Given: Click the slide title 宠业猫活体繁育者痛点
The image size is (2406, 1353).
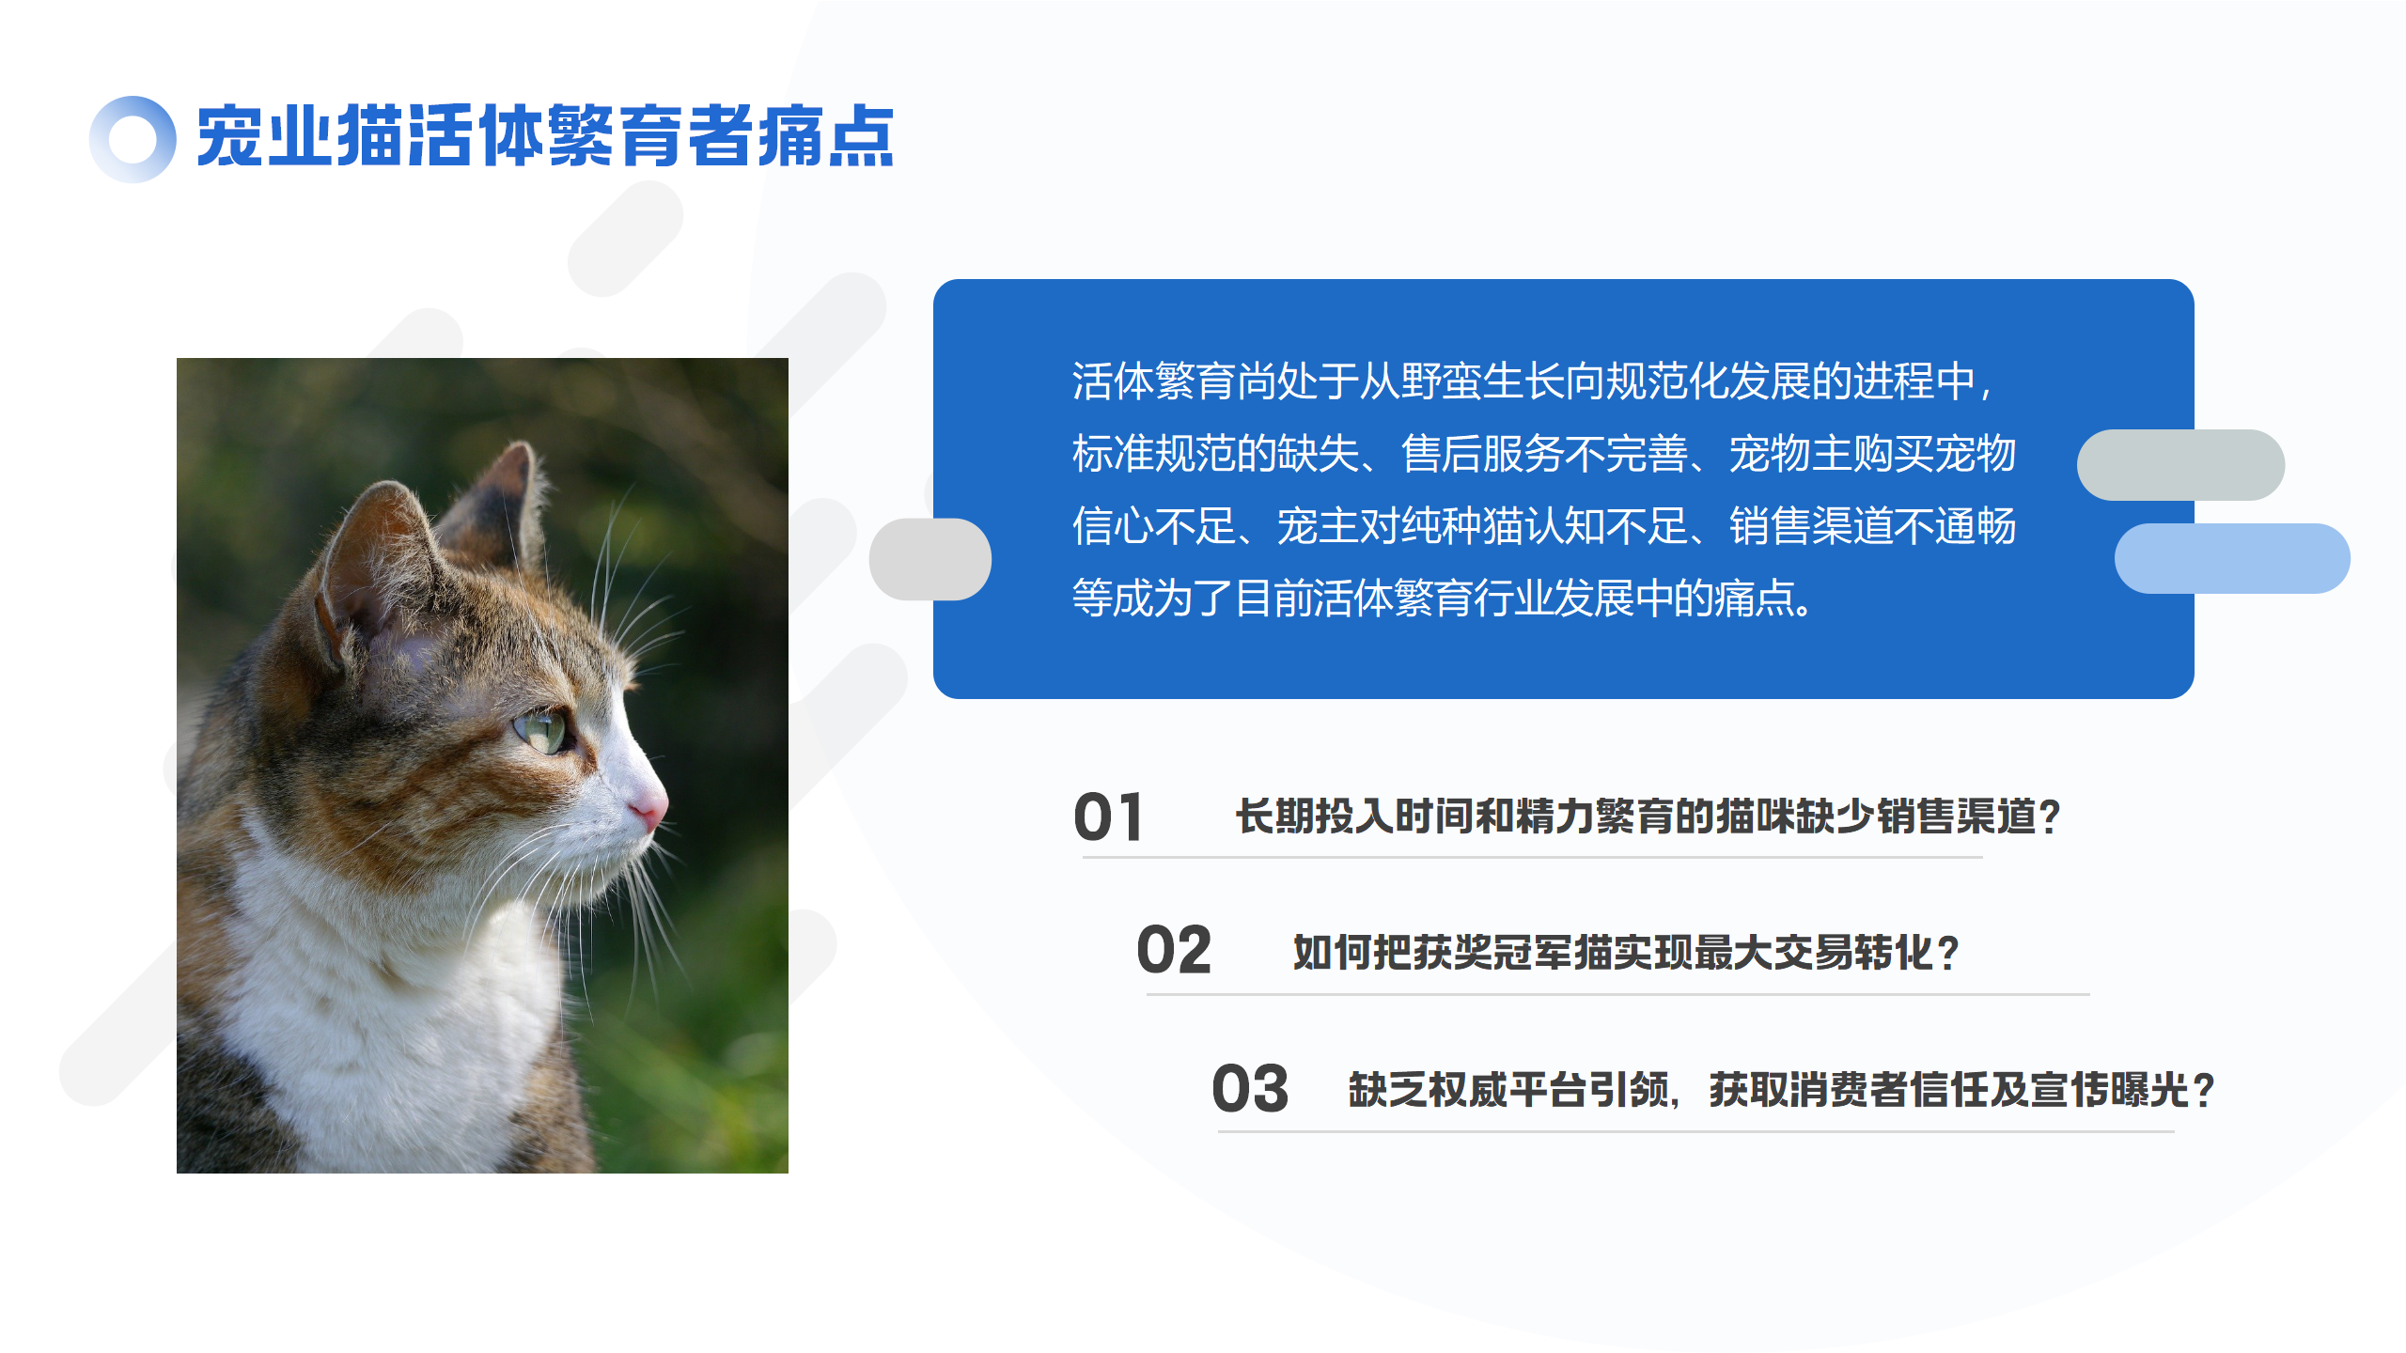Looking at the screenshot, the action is [x=545, y=137].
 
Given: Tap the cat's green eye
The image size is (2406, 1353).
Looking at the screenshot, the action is [x=543, y=730].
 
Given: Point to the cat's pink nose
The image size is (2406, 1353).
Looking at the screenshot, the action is [x=648, y=809].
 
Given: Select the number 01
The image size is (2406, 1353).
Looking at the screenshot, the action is [x=1108, y=816].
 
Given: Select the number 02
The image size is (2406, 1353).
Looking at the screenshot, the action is [x=1174, y=950].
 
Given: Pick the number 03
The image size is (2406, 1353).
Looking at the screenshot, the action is [x=1250, y=1088].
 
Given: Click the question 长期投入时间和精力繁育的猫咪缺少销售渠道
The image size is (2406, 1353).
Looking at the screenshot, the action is [x=1635, y=816].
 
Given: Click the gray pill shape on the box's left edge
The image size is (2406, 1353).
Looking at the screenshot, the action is [x=930, y=559].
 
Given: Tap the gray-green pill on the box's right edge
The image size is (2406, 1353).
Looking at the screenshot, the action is [x=2180, y=465].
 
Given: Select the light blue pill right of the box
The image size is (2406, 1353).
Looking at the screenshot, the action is [x=2232, y=558].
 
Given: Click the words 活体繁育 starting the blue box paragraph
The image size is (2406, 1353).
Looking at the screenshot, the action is [x=1153, y=381].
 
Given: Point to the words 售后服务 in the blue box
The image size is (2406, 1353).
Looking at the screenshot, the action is [x=1482, y=453].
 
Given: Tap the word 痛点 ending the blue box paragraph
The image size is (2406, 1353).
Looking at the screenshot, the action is [x=1756, y=598].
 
